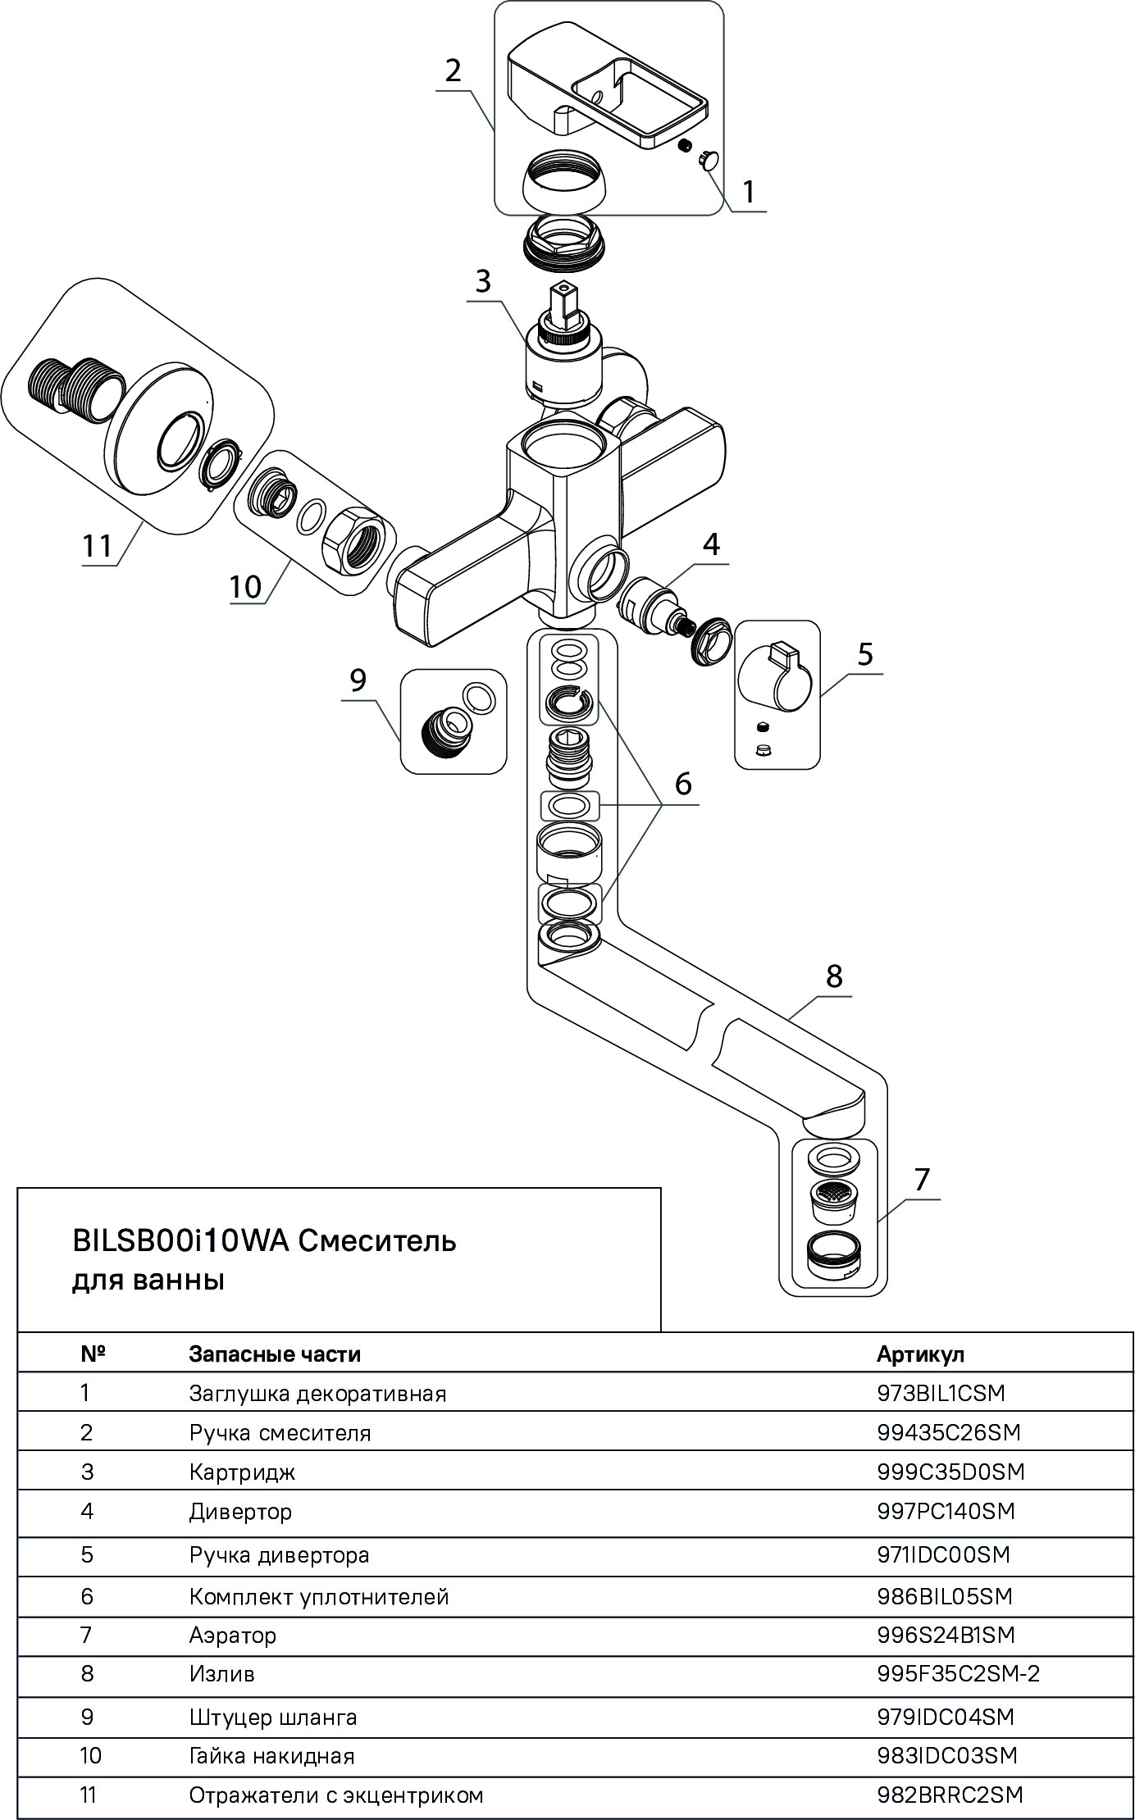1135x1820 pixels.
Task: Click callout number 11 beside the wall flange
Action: [x=97, y=545]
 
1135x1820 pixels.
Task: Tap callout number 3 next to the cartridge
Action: [x=482, y=281]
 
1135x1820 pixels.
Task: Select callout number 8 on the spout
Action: [x=833, y=976]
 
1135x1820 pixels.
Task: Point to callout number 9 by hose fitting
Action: [x=358, y=680]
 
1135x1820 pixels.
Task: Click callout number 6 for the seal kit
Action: [x=683, y=784]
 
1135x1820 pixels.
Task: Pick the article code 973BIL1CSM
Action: [x=940, y=1393]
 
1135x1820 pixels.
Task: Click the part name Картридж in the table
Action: [x=242, y=1472]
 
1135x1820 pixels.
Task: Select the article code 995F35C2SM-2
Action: [x=958, y=1673]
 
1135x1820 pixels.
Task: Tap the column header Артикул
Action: [x=920, y=1354]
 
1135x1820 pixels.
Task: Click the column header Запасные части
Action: [x=274, y=1354]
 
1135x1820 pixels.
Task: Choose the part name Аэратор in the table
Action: [x=233, y=1635]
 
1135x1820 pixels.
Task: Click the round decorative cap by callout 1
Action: [x=707, y=159]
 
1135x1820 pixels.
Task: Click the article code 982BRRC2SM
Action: [x=950, y=1795]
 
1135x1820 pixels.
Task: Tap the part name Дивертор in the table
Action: [x=240, y=1511]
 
